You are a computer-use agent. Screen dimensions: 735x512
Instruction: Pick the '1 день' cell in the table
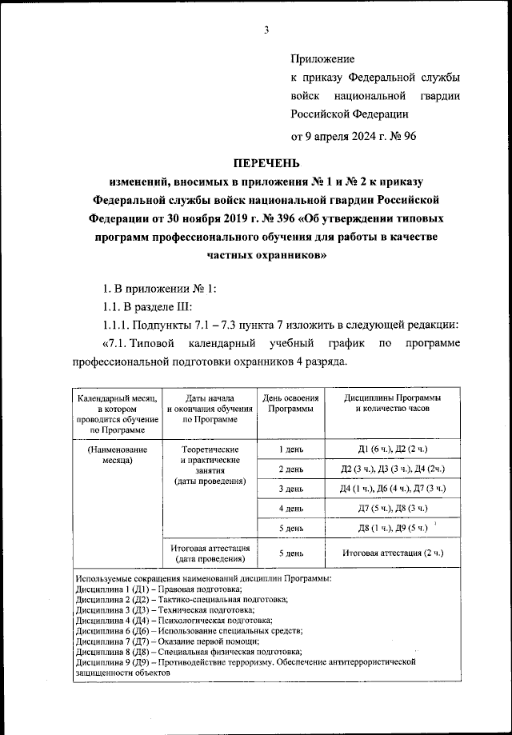click(290, 450)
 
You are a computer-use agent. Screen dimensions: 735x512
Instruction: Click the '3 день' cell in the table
click(290, 488)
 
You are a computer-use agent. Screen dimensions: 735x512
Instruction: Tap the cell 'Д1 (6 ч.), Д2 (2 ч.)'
click(392, 450)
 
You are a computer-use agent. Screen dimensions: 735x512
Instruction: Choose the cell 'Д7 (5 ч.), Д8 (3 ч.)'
click(392, 508)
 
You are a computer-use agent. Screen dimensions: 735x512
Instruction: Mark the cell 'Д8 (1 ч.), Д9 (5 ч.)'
click(392, 528)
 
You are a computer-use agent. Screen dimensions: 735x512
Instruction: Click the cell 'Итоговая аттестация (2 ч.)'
click(392, 553)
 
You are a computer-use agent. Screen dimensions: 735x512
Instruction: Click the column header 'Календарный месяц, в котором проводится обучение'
click(117, 413)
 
